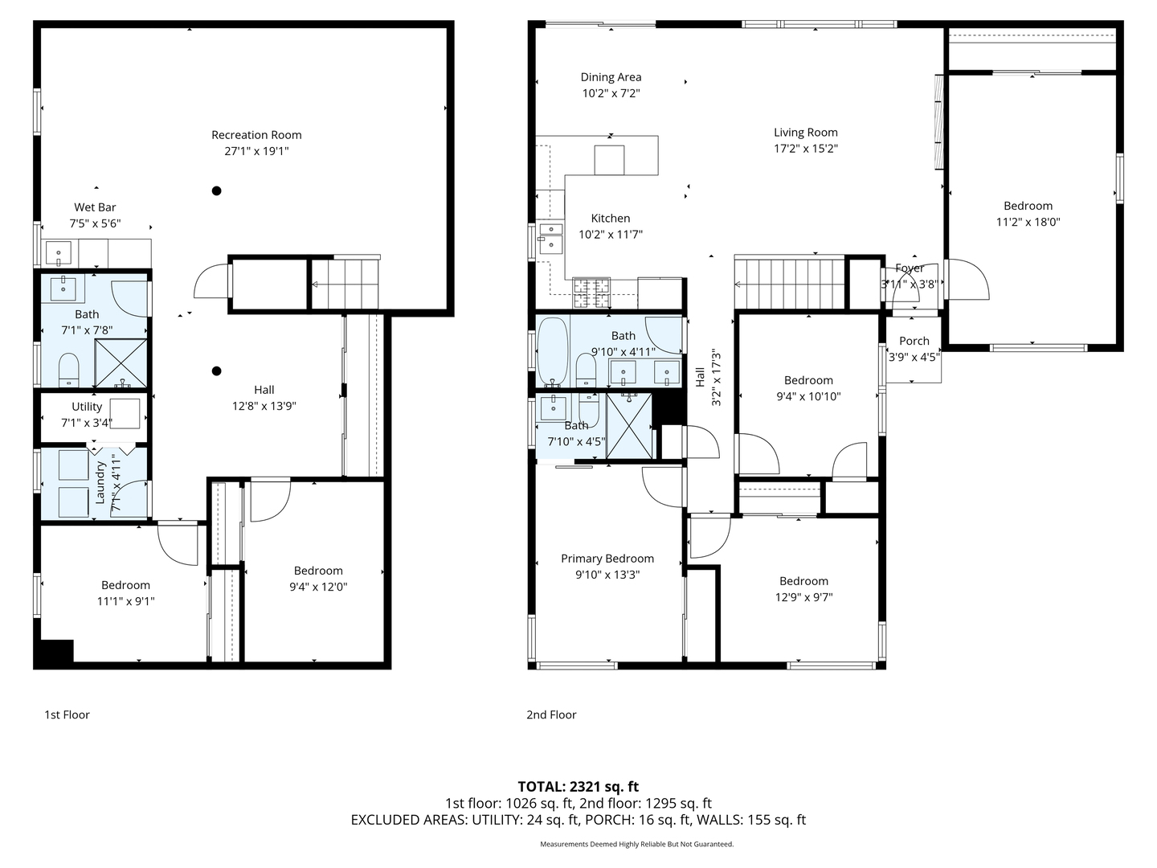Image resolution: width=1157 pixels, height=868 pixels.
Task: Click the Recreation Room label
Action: click(256, 135)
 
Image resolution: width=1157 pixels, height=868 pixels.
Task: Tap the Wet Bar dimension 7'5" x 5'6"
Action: click(95, 223)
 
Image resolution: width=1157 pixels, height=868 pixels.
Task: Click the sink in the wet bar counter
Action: click(59, 253)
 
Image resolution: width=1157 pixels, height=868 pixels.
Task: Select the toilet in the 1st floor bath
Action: click(68, 370)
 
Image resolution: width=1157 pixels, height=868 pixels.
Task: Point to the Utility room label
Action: click(87, 407)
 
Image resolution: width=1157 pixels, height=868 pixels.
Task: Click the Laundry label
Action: click(100, 482)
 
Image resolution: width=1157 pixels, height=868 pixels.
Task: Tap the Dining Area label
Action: click(611, 77)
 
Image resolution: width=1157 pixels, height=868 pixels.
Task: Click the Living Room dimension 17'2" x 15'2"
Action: click(805, 149)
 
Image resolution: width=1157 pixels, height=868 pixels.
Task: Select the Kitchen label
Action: click(611, 218)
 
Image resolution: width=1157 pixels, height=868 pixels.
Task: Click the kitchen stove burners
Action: click(591, 293)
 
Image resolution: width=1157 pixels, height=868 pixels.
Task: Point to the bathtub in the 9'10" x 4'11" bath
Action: click(553, 351)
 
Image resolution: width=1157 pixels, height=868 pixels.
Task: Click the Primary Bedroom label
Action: click(607, 559)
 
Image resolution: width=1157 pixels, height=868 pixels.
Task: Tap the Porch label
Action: click(914, 341)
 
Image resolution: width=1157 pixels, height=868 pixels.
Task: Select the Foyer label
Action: click(910, 268)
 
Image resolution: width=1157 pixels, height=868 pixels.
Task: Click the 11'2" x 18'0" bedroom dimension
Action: click(1028, 222)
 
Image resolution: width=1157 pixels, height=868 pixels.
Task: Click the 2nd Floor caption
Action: click(551, 714)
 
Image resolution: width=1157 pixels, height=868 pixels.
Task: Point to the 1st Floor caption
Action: click(67, 714)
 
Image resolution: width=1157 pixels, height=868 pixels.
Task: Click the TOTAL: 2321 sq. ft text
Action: click(578, 787)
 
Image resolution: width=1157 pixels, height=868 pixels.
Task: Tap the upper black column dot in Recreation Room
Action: click(216, 190)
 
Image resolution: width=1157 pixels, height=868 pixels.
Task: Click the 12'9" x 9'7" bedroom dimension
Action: click(803, 597)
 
